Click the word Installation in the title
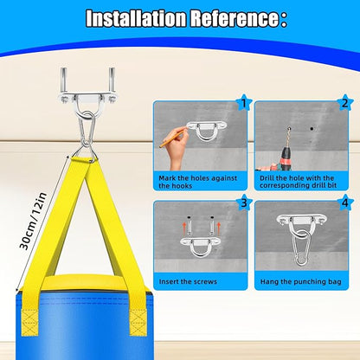(x=136, y=19)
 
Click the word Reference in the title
(x=234, y=19)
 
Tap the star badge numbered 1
(x=244, y=103)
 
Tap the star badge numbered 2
(x=344, y=103)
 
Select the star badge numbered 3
(x=244, y=202)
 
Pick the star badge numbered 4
(x=344, y=202)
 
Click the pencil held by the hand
(x=172, y=138)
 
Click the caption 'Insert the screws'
(x=188, y=281)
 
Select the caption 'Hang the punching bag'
(x=300, y=282)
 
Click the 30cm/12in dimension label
(x=33, y=222)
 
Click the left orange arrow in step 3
(x=184, y=228)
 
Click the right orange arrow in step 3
(x=218, y=228)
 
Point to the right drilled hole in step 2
(x=312, y=128)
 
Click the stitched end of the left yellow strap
(x=29, y=322)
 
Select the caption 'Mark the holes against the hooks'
(x=198, y=182)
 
